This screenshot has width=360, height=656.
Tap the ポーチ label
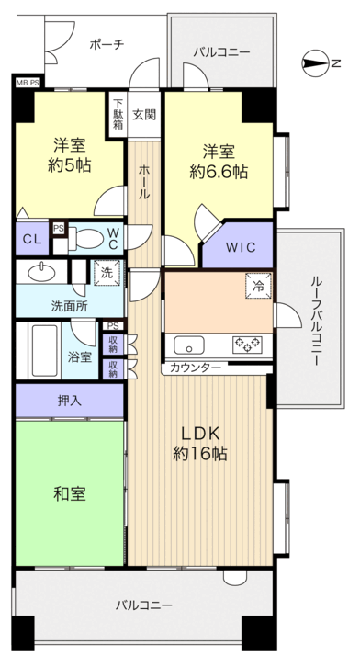(x=107, y=43)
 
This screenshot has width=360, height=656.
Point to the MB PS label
(x=28, y=83)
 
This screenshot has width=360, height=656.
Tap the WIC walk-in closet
(x=237, y=246)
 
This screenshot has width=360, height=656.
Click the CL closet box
(x=31, y=239)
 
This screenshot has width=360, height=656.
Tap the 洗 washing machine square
(x=106, y=272)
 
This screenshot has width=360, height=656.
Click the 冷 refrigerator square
(x=259, y=287)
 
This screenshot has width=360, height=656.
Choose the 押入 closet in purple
(x=69, y=401)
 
